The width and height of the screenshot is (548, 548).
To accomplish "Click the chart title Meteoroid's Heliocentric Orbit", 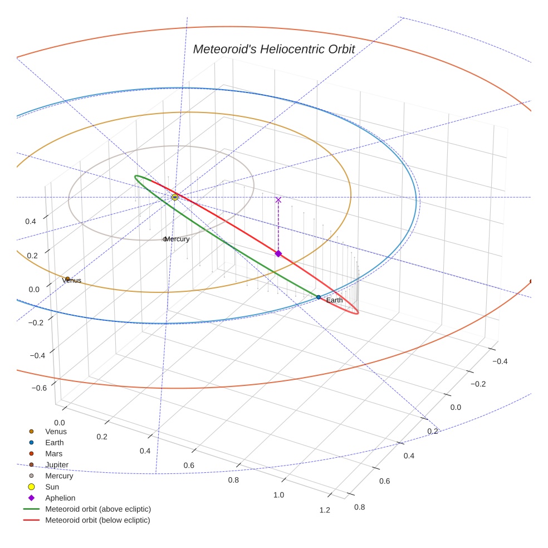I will (x=273, y=49).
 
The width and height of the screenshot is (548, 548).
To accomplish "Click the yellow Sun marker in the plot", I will (x=175, y=197).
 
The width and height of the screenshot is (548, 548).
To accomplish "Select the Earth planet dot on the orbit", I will (x=319, y=297).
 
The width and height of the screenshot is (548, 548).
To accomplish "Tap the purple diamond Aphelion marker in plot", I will (x=278, y=253).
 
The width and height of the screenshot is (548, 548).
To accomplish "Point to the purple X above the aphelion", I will (x=278, y=200).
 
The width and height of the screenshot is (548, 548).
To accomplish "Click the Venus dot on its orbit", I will (x=67, y=278).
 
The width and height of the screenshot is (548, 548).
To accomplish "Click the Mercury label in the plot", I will (x=177, y=239).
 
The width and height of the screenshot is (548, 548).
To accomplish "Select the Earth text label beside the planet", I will (x=334, y=301).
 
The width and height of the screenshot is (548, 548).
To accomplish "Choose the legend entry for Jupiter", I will (x=57, y=464).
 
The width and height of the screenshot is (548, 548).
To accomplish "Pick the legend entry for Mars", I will (x=53, y=453).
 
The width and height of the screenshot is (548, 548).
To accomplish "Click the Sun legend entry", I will (x=52, y=487).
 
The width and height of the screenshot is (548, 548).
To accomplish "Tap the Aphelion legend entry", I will (x=60, y=498).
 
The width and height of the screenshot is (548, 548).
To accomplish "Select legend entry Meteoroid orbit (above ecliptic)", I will (x=97, y=509).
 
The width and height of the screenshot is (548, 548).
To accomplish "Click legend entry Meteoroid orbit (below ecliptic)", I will (x=97, y=520).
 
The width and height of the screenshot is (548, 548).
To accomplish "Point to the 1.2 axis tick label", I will (x=325, y=510).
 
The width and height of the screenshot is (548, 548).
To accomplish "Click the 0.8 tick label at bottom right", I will (x=360, y=507).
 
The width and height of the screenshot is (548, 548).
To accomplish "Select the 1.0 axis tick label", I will (x=278, y=495).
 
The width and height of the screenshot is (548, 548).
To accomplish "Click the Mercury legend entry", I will (x=59, y=476).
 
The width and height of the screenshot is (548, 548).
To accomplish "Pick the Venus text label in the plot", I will (x=72, y=281).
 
